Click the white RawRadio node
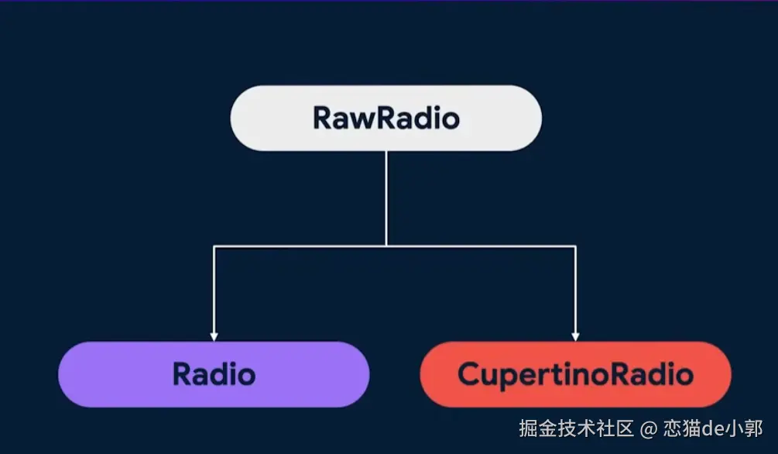click(386, 118)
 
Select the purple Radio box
click(214, 374)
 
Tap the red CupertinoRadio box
click(575, 374)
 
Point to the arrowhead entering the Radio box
click(214, 336)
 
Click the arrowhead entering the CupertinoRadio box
click(575, 336)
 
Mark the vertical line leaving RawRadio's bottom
click(386, 198)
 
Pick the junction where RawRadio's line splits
click(386, 246)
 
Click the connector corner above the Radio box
click(214, 246)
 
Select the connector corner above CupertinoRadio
click(575, 246)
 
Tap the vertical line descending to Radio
click(214, 291)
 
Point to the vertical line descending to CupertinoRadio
click(575, 291)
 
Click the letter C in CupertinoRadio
click(469, 375)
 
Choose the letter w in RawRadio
click(365, 119)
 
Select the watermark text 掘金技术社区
click(577, 428)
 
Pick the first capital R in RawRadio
click(323, 119)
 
